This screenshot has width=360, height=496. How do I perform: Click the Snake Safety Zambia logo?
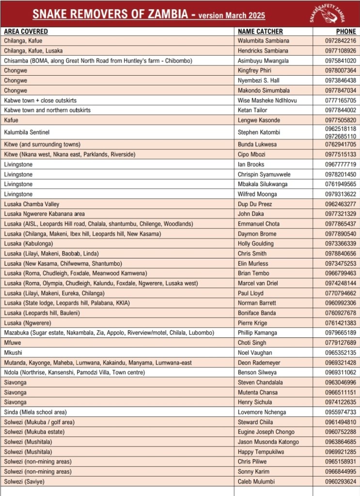click(328, 13)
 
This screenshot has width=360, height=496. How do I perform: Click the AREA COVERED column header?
click(26, 32)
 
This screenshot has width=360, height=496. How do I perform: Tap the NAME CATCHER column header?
click(260, 32)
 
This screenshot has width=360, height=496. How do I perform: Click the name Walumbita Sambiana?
click(263, 41)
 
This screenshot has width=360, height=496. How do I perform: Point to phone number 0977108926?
click(341, 51)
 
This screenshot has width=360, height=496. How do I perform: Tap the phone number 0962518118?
click(341, 128)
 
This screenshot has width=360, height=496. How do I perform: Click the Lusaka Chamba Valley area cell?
click(31, 204)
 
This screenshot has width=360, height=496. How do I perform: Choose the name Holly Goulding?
click(256, 243)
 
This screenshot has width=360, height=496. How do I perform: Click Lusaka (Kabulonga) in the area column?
click(28, 243)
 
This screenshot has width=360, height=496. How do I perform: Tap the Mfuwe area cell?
click(13, 343)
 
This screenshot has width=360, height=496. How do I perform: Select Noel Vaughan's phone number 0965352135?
click(341, 352)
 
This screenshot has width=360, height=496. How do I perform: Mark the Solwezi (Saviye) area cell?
click(24, 481)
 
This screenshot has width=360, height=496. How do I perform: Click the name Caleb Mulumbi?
click(256, 481)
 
